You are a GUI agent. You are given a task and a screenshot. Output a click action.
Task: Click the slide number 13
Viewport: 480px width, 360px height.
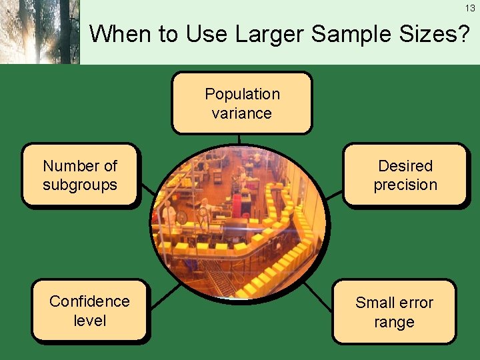[470, 8]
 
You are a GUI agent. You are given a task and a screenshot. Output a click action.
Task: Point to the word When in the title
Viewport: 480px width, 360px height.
[119, 33]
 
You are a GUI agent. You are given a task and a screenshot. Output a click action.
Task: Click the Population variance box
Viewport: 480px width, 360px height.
[241, 103]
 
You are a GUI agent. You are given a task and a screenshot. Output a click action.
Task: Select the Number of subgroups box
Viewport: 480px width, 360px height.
[80, 174]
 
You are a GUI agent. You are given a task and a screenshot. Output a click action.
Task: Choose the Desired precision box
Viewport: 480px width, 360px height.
[405, 174]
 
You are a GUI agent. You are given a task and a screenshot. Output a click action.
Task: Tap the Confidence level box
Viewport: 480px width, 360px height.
[89, 310]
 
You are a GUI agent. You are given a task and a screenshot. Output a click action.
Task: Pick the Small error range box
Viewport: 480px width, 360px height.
[393, 311]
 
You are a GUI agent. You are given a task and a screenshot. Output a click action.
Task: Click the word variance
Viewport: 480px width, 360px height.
[241, 113]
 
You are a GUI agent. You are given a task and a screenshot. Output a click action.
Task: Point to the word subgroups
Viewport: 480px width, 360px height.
[80, 185]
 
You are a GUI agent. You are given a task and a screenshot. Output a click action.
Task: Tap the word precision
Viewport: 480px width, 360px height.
[405, 185]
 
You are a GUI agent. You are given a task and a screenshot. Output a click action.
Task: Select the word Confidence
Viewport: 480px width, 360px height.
[89, 301]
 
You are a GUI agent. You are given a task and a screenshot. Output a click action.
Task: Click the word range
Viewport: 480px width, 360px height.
[394, 322]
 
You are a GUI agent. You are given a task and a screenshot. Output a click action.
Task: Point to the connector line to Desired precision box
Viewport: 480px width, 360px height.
[334, 194]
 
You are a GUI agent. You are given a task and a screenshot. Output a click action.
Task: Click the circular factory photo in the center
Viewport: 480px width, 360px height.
[240, 223]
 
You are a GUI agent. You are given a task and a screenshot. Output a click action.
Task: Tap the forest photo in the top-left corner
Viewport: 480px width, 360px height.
[39, 32]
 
